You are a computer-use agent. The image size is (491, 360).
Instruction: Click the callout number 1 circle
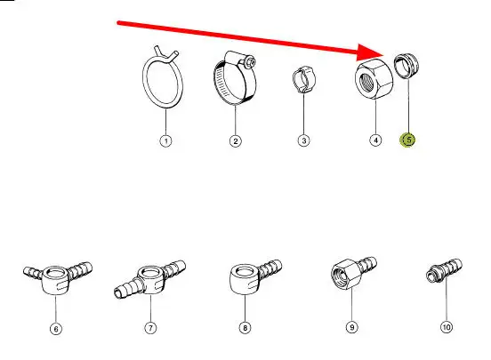pyautogui.click(x=166, y=140)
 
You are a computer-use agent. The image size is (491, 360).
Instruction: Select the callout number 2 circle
pyautogui.click(x=236, y=140)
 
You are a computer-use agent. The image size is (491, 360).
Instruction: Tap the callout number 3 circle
pyautogui.click(x=303, y=140)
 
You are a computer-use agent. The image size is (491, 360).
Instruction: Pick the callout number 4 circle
pyautogui.click(x=375, y=140)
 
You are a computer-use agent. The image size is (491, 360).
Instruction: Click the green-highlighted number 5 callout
pyautogui.click(x=408, y=140)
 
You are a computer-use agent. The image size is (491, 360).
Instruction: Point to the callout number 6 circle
pyautogui.click(x=56, y=329)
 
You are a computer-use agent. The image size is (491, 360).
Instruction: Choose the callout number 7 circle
pyautogui.click(x=150, y=328)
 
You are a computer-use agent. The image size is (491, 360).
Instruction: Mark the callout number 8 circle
pyautogui.click(x=245, y=328)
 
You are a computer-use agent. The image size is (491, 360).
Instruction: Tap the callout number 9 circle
pyautogui.click(x=352, y=327)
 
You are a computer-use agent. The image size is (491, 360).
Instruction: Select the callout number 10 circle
pyautogui.click(x=447, y=327)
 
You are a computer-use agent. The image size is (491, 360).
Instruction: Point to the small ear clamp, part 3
pyautogui.click(x=304, y=79)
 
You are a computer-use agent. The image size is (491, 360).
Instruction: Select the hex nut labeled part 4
pyautogui.click(x=374, y=78)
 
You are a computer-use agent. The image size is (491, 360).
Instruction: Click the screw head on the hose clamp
pyautogui.click(x=250, y=61)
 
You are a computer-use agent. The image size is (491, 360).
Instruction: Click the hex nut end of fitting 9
pyautogui.click(x=343, y=274)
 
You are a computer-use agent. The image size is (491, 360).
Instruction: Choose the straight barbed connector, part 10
pyautogui.click(x=444, y=270)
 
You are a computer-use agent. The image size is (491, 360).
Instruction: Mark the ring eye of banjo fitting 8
pyautogui.click(x=245, y=279)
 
